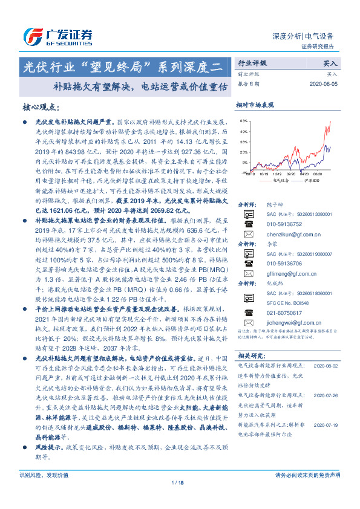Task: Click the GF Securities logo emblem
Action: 30,35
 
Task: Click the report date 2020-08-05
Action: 328,84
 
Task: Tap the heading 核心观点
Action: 41,107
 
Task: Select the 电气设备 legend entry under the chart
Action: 280,180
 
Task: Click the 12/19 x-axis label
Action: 277,172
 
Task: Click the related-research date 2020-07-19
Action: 327,407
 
